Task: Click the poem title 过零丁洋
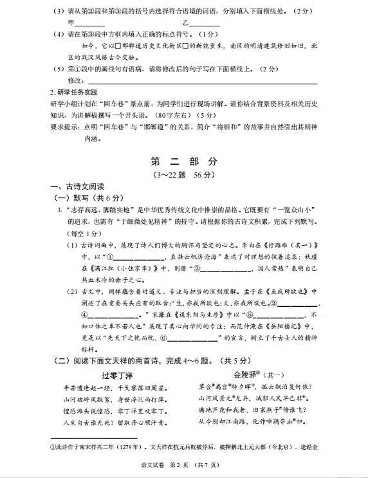tap(117, 375)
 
